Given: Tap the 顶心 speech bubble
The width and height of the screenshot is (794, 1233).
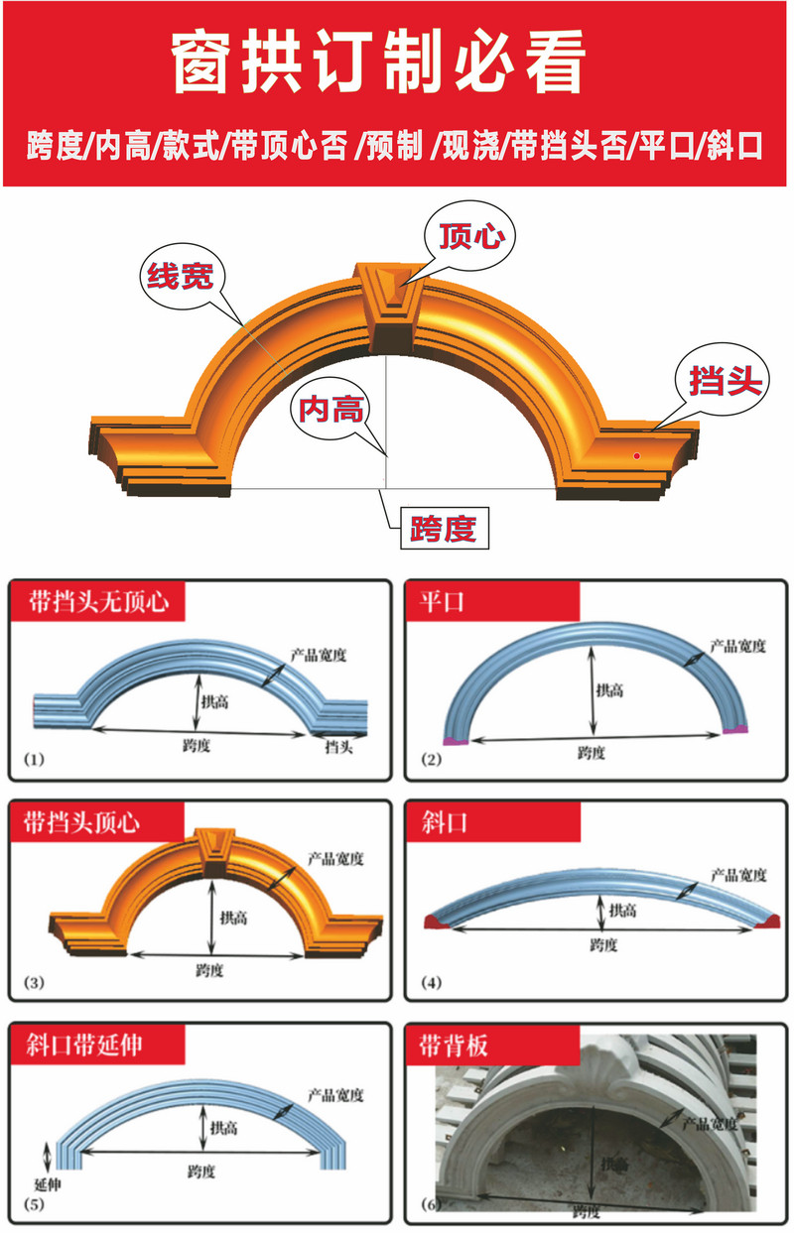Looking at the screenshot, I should point(465,236).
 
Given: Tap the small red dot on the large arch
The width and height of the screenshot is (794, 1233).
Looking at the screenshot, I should point(638,455).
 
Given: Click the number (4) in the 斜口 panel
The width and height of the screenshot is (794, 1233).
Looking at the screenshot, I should point(431,983).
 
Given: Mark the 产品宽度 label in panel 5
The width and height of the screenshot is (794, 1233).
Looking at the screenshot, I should point(335,1095).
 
